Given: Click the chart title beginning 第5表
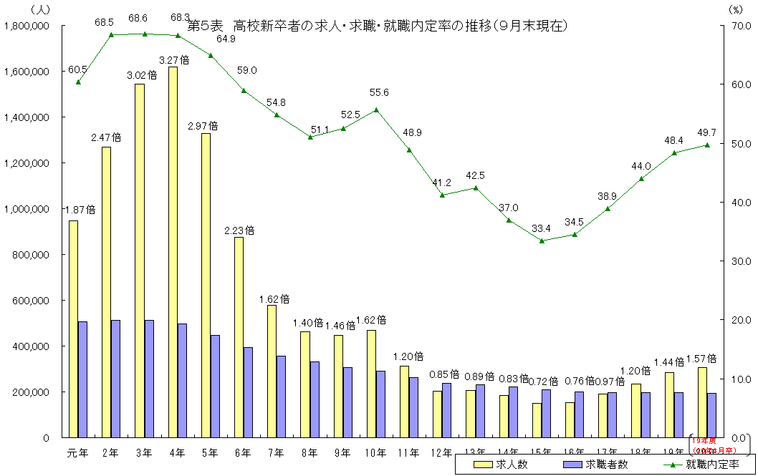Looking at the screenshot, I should point(378,26).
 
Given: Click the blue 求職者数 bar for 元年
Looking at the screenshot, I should point(82,379).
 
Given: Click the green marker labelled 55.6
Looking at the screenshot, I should point(377,110).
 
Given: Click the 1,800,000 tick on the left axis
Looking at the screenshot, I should point(27,26).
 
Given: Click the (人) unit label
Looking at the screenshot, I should point(40,9).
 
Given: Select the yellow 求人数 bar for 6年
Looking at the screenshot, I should point(239,337).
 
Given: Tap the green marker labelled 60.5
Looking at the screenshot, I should point(78,82).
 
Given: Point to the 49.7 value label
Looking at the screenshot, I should point(706,132).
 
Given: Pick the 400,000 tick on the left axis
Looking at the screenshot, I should point(31,346).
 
